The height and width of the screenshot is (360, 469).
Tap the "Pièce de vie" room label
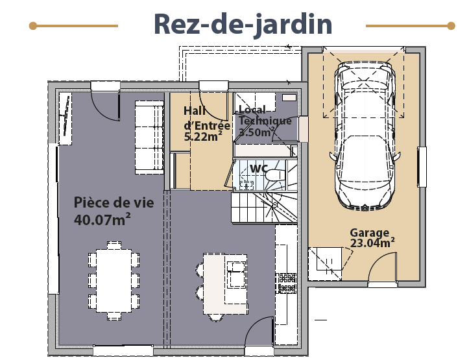tap(114, 203)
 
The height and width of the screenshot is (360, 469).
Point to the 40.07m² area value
tap(102, 220)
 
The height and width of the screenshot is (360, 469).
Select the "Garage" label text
tap(369, 233)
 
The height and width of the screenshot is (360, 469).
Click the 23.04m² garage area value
tap(372, 243)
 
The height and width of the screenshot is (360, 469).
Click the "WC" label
tap(259, 168)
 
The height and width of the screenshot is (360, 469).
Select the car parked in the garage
tap(365, 136)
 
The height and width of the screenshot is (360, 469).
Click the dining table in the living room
tap(114, 281)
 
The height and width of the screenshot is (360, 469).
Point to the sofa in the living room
tap(149, 138)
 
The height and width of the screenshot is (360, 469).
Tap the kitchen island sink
tap(236, 274)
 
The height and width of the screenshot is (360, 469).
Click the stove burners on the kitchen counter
tap(286, 283)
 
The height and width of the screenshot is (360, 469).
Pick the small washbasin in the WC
tap(247, 185)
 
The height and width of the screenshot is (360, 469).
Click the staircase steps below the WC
tap(264, 208)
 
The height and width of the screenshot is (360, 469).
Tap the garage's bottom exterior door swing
tap(382, 267)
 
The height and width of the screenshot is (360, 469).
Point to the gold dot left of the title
tap(33, 26)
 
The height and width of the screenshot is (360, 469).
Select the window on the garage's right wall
tap(422, 167)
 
